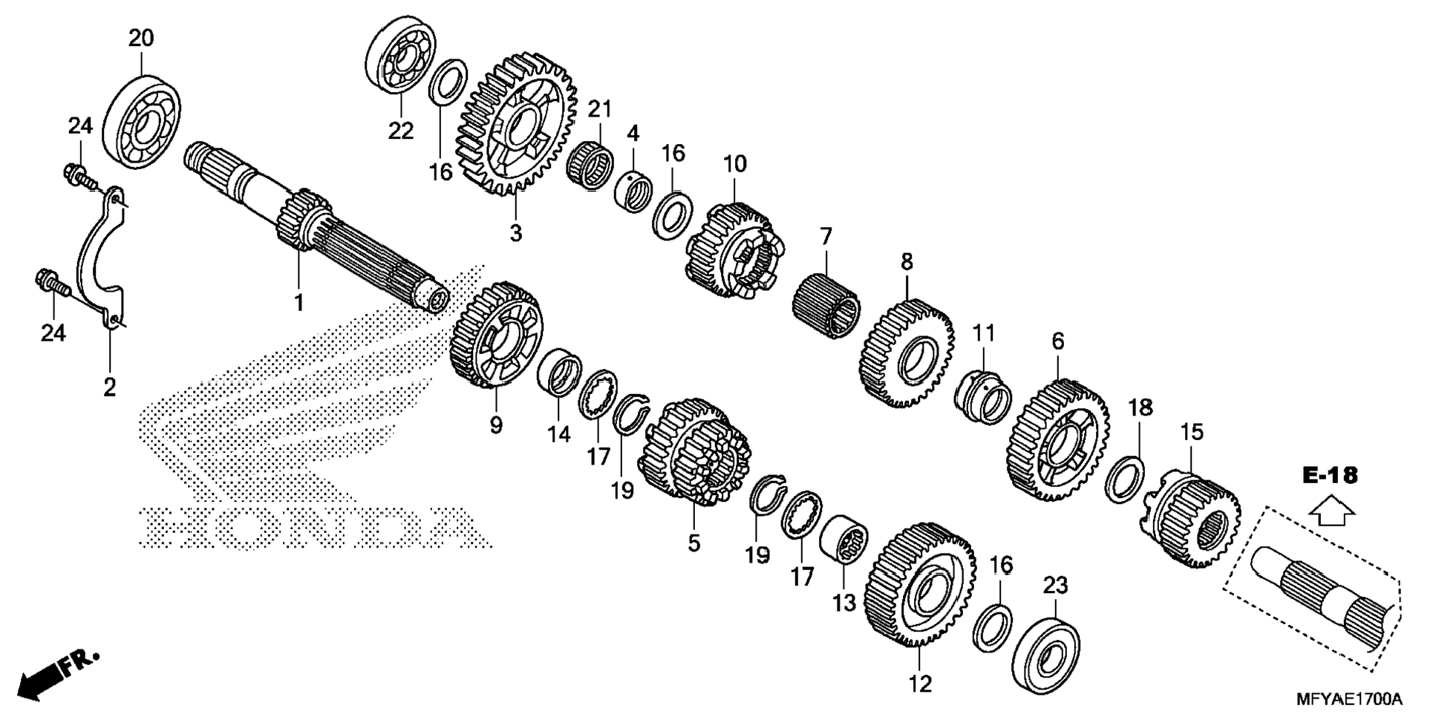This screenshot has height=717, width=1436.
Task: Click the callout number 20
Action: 141,38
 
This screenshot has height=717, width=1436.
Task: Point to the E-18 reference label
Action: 1330,476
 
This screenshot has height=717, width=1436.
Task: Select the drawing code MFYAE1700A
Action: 1349,699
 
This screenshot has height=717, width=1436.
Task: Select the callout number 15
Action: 1192,432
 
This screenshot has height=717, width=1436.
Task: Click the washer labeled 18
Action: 1125,479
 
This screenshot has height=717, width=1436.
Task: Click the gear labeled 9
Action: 496,335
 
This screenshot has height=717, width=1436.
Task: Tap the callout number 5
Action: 693,543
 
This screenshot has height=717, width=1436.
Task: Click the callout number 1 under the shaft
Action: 298,303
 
